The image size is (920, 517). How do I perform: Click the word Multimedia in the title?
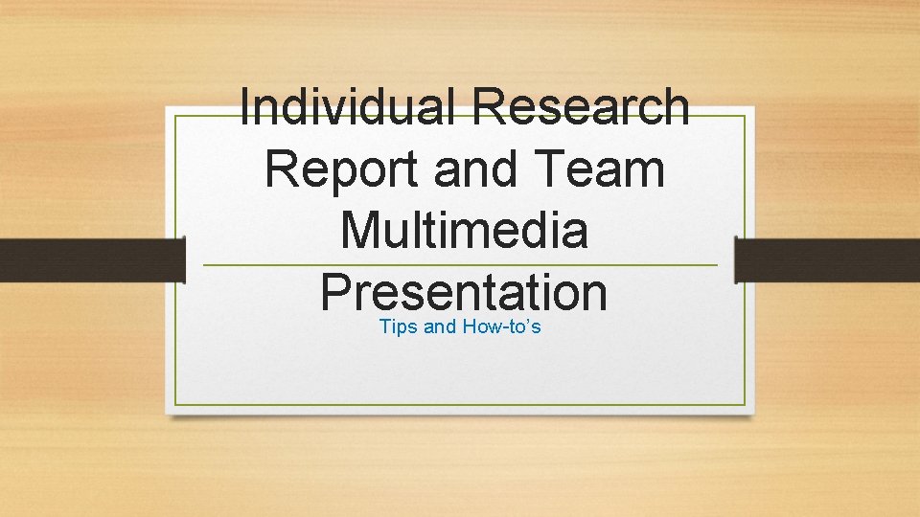pos(464,232)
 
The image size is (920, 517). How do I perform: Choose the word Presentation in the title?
pos(464,293)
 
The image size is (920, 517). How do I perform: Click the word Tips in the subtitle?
pos(398,327)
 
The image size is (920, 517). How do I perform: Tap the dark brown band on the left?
pos(91,259)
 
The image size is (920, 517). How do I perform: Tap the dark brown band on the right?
pos(827,259)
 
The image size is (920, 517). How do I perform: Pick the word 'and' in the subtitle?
pos(440,327)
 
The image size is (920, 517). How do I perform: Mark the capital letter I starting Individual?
pos(246,107)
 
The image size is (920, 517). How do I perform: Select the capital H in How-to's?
pos(470,327)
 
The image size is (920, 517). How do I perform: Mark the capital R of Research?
pos(490,107)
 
